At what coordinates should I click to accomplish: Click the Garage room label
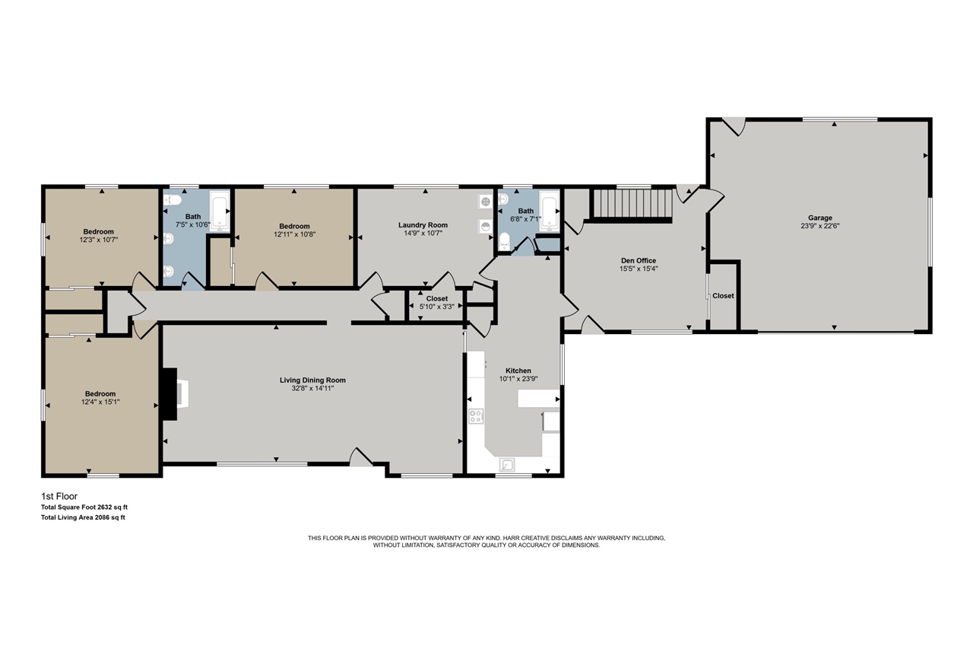click(820, 218)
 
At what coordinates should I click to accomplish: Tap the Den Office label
click(639, 261)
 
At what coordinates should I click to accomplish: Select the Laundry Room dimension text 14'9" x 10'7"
click(423, 233)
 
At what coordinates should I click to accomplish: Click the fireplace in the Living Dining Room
click(175, 394)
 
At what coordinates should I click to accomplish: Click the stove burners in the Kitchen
click(476, 416)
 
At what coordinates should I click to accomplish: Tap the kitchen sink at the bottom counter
click(507, 465)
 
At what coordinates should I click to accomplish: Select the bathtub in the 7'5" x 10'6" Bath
click(220, 211)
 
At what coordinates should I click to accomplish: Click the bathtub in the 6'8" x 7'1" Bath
click(549, 211)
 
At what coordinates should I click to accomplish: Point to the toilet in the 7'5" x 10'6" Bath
click(172, 200)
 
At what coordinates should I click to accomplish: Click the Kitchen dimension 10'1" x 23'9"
click(518, 379)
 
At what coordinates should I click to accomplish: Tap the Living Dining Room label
click(312, 380)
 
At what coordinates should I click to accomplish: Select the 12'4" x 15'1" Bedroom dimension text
click(100, 402)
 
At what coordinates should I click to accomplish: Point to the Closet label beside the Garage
click(723, 296)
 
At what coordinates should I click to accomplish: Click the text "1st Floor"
click(59, 496)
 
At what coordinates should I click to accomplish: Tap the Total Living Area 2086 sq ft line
click(83, 517)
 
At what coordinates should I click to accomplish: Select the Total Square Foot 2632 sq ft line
click(84, 507)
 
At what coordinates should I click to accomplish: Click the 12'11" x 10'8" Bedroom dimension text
click(294, 234)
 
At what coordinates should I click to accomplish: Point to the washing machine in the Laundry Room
click(486, 202)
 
